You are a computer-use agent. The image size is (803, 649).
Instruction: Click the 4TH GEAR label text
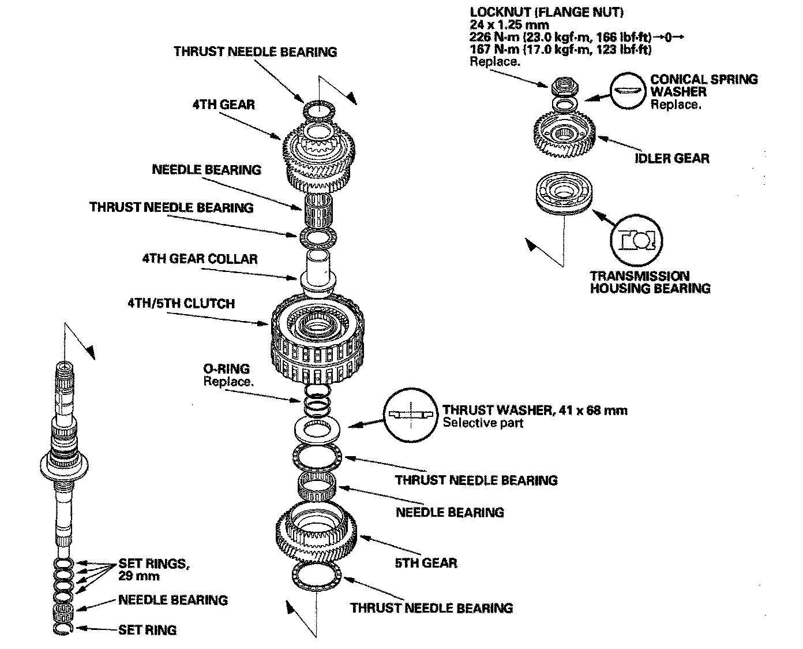[223, 105]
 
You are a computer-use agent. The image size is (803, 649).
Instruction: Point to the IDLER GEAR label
[672, 158]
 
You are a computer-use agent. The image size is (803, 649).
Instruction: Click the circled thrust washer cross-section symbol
[410, 413]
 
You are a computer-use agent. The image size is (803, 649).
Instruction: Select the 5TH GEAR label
[426, 562]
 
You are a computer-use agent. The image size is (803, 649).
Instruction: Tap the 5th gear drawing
[317, 537]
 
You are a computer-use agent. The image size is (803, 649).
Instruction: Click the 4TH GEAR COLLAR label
[200, 258]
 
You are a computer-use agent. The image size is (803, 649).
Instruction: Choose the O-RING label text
[226, 369]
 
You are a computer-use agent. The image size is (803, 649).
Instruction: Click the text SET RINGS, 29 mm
[153, 569]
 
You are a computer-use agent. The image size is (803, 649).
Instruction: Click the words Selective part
[483, 423]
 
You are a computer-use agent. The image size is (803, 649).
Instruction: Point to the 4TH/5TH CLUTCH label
[181, 303]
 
